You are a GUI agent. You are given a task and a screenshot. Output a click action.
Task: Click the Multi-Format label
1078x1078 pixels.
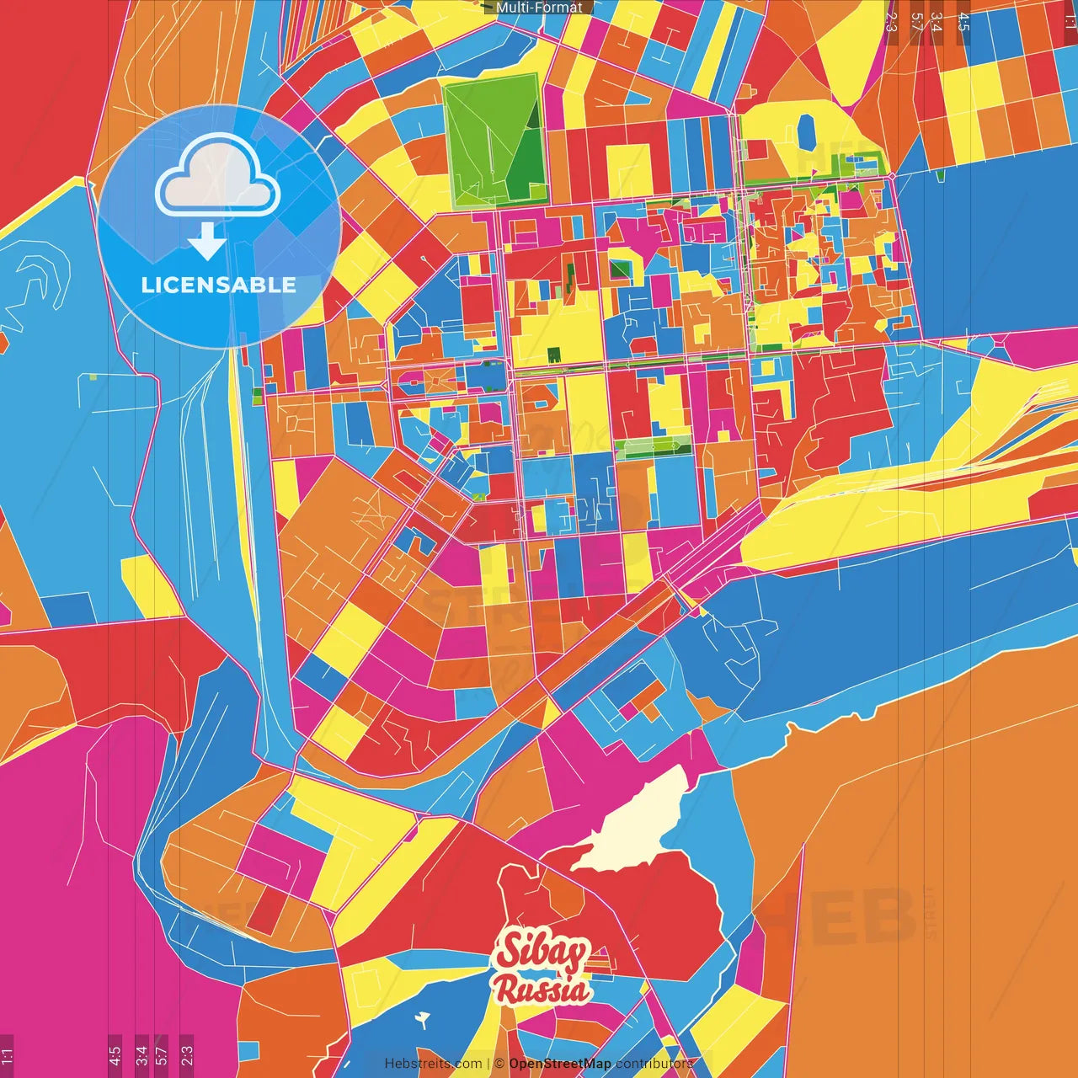click(539, 8)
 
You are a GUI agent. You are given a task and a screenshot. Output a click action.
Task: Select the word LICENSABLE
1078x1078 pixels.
click(219, 285)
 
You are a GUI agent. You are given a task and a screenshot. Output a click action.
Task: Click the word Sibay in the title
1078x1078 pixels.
click(541, 952)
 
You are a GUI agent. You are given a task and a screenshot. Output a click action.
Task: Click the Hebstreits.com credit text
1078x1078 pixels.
click(433, 1064)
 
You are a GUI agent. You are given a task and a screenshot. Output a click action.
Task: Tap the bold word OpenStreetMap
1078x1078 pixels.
click(560, 1064)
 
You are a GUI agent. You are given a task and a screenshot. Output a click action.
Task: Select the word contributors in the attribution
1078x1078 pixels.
click(654, 1064)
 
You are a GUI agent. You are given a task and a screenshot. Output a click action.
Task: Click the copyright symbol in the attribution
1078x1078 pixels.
click(499, 1064)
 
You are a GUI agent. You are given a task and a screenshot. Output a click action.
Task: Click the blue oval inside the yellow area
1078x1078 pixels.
click(806, 131)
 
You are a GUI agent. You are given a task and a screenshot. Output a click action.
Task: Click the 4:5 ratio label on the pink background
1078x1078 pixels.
click(115, 1054)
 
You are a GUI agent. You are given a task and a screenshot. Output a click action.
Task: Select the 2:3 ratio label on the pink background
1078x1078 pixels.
click(186, 1054)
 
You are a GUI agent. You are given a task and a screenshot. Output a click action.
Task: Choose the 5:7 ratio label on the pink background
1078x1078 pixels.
click(162, 1054)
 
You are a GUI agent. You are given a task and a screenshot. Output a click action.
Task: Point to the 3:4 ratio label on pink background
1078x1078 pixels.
click(141, 1054)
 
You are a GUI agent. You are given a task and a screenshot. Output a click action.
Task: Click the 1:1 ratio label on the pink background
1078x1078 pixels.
click(7, 1054)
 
